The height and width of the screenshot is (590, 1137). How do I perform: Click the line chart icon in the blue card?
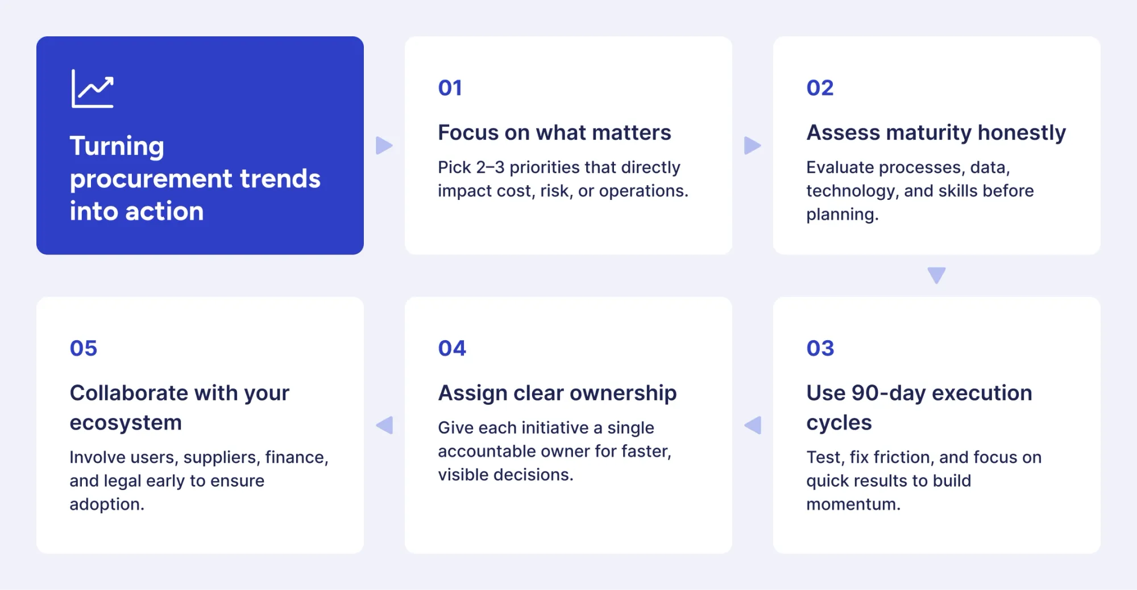pos(93,89)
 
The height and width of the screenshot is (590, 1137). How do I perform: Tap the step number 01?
pos(450,88)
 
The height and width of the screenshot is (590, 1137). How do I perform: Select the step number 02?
pos(820,88)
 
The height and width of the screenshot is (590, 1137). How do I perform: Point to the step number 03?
pos(820,348)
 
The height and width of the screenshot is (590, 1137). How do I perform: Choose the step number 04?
pos(452,348)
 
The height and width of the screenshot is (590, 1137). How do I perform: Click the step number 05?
pos(84,348)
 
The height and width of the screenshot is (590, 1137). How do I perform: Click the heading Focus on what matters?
pos(554,133)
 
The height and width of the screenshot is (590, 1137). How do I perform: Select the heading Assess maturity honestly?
pos(936,133)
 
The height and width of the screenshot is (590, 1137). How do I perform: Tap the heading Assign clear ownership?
pos(557,393)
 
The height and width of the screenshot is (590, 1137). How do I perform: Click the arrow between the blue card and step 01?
pos(384,145)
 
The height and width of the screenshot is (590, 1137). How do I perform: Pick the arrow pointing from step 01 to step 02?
pos(752,145)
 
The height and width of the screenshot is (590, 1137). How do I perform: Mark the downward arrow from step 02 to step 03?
pos(936,275)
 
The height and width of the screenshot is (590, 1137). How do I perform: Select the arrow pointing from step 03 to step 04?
pos(753,425)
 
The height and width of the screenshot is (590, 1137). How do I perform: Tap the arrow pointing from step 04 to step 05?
pos(385,425)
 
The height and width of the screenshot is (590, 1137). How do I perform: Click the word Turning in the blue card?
pos(117,147)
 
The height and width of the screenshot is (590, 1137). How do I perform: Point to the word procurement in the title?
pos(151,179)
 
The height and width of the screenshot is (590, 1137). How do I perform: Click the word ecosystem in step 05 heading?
pos(126,423)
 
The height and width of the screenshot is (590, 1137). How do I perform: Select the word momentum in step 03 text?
pos(853,504)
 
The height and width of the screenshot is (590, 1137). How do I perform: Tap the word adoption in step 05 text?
pos(106,504)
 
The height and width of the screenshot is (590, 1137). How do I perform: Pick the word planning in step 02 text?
pos(842,215)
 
